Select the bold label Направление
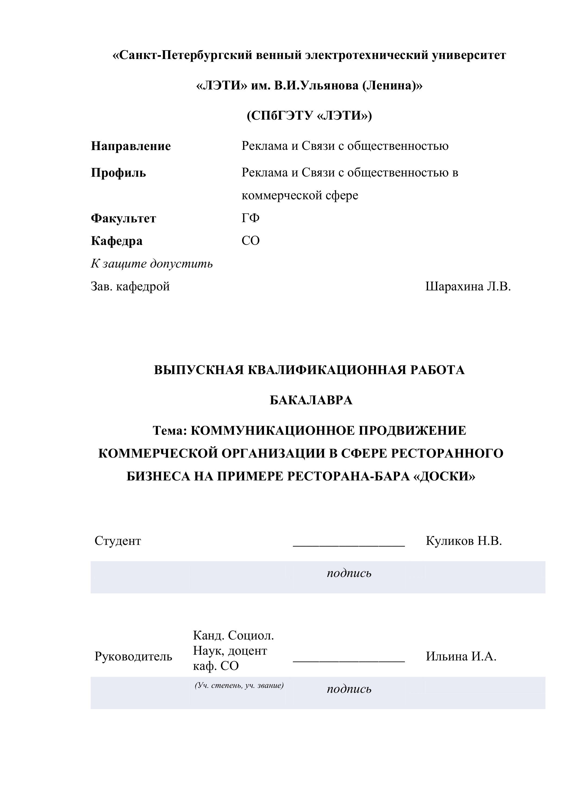click(131, 146)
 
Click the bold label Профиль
click(118, 172)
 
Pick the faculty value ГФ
click(251, 218)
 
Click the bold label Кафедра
click(117, 241)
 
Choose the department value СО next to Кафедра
click(251, 241)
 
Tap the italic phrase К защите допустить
click(152, 264)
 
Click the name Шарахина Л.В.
click(468, 287)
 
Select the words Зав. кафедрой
click(130, 287)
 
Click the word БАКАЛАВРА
click(311, 400)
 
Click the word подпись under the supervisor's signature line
click(349, 690)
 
